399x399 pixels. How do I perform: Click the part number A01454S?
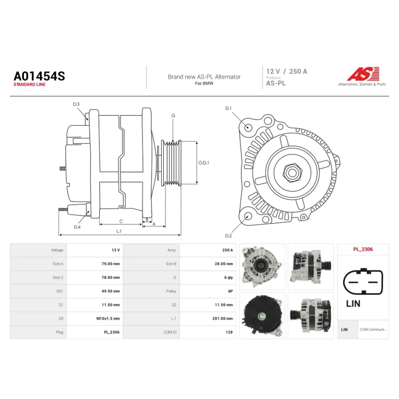[x=39, y=76]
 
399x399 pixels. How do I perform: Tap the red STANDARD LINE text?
[x=29, y=84]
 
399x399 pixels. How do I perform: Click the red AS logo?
[x=364, y=74]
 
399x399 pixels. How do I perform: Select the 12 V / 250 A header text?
[x=286, y=71]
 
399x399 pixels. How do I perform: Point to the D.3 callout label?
[x=76, y=104]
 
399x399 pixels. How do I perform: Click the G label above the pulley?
[x=173, y=116]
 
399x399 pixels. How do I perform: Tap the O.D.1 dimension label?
[x=203, y=163]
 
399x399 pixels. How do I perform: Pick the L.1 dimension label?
[x=119, y=231]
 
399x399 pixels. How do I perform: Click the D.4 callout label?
[x=77, y=227]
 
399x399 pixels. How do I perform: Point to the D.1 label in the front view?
[x=228, y=108]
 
